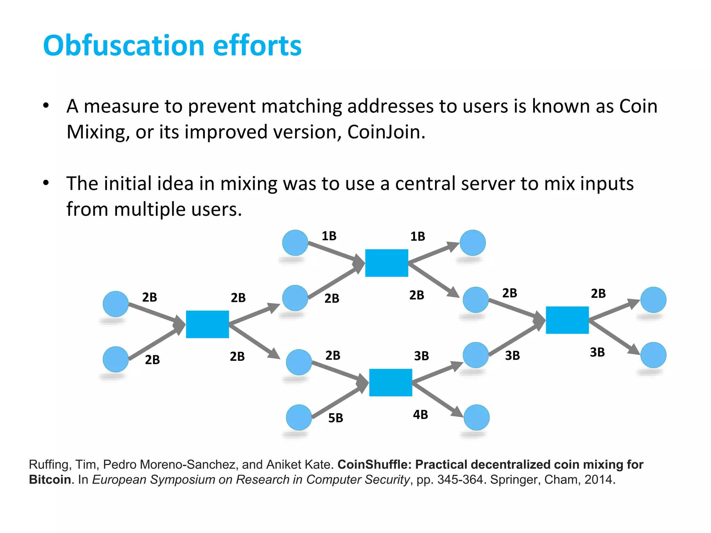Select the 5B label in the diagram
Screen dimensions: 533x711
(335, 418)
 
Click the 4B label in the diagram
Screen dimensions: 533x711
(420, 415)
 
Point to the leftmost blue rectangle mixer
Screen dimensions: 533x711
(207, 324)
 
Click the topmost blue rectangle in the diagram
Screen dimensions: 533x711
(386, 263)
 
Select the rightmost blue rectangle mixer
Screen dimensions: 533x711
(567, 320)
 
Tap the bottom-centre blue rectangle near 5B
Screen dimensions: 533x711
(391, 382)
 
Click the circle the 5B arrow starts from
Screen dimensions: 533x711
(299, 417)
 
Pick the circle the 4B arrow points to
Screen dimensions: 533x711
(476, 417)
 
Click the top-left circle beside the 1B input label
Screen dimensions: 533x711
(295, 243)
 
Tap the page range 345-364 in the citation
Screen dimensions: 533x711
(460, 480)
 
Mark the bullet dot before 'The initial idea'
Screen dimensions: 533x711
(46, 183)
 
